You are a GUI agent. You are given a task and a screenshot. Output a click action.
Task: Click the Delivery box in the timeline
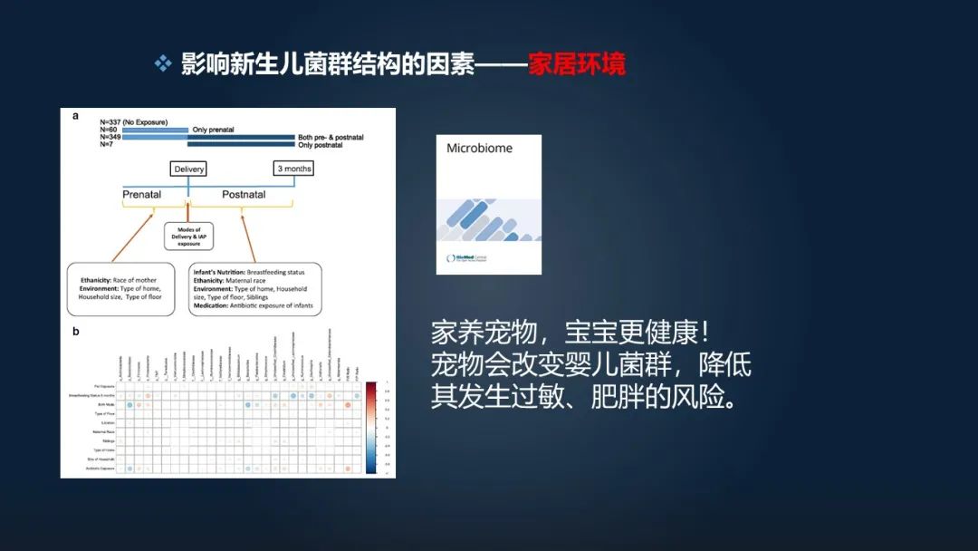click(188, 169)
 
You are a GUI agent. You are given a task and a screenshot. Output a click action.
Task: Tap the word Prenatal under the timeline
click(142, 194)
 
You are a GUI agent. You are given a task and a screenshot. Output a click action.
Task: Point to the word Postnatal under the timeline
click(244, 194)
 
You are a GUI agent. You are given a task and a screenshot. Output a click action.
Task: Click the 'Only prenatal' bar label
click(213, 130)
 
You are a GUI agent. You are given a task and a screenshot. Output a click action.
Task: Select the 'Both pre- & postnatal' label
click(331, 137)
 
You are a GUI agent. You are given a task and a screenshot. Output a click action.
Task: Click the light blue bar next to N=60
click(155, 130)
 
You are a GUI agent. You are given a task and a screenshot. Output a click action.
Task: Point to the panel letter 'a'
click(76, 115)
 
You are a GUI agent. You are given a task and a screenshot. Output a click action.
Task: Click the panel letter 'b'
click(76, 332)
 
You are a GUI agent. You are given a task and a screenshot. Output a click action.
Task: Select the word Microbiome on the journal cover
click(479, 149)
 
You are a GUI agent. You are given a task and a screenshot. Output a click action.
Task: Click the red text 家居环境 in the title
click(577, 64)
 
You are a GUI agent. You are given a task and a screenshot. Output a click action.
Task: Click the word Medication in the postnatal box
click(212, 305)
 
